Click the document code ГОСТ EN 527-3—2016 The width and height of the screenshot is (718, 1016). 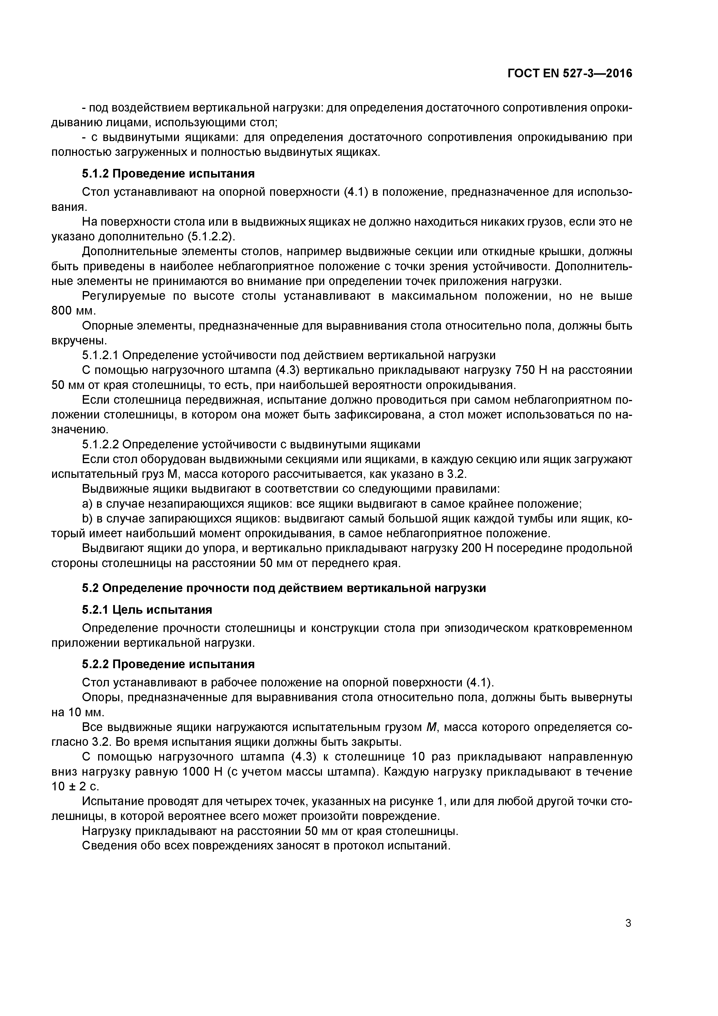(570, 74)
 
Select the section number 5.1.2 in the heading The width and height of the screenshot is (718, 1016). (95, 174)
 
